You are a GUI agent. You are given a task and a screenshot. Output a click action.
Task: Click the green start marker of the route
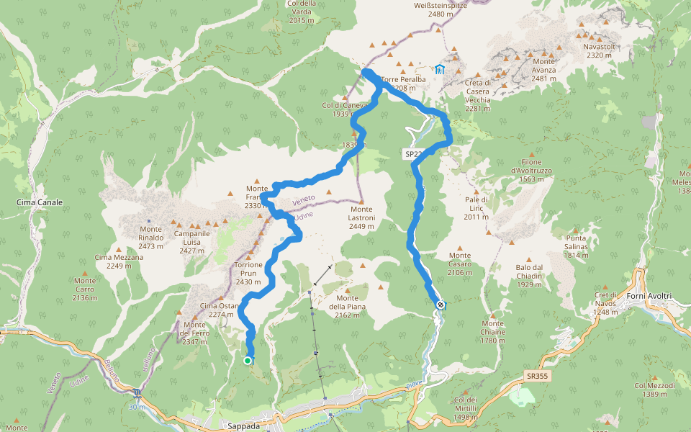pyautogui.click(x=248, y=361)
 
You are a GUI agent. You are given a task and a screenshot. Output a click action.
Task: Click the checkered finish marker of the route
pyautogui.click(x=440, y=305)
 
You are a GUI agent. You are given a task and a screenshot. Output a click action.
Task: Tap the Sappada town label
pyautogui.click(x=243, y=426)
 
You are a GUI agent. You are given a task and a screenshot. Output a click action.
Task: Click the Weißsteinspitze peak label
pyautogui.click(x=441, y=9)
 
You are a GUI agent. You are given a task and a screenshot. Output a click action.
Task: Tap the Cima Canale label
pyautogui.click(x=40, y=202)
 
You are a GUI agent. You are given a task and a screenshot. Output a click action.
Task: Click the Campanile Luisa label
pyautogui.click(x=192, y=238)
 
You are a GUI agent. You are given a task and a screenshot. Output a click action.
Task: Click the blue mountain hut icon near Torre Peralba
pyautogui.click(x=439, y=69)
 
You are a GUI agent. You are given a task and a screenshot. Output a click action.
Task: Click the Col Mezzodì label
pyautogui.click(x=655, y=390)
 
